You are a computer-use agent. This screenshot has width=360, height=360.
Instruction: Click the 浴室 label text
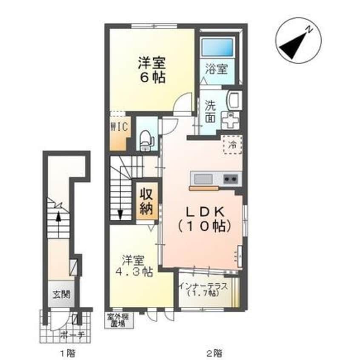pyautogui.click(x=217, y=69)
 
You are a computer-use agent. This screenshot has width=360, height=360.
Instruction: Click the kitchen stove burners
pyautogui.click(x=231, y=178)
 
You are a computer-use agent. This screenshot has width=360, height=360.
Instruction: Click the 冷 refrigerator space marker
pyautogui.click(x=233, y=144)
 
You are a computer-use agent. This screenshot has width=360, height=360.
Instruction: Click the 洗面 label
pyautogui.click(x=210, y=111)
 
